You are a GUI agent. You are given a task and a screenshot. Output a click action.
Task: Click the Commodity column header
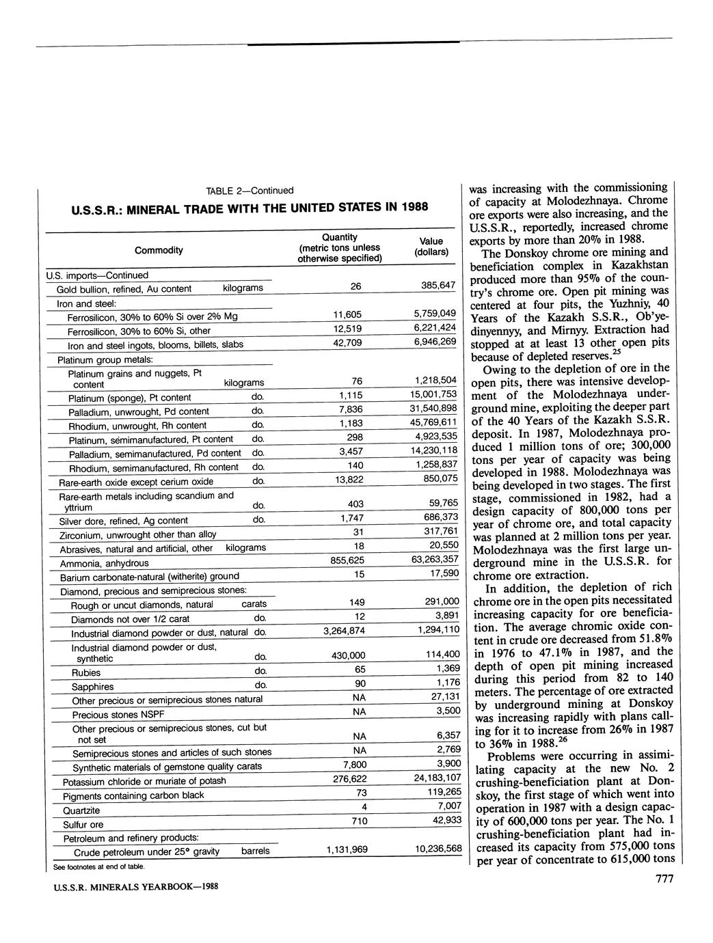[x=159, y=250]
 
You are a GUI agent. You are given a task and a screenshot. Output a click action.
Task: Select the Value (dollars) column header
[x=431, y=247]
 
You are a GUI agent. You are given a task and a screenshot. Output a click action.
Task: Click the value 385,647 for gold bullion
[x=438, y=285]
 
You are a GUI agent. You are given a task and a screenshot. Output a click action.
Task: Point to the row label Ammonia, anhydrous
[x=104, y=564]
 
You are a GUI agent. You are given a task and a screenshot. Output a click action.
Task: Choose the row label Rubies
[x=86, y=672]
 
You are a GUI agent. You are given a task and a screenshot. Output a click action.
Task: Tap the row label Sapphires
[x=92, y=687]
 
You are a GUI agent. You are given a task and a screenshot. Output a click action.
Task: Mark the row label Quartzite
[x=81, y=810]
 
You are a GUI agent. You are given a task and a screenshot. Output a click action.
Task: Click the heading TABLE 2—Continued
[x=250, y=191]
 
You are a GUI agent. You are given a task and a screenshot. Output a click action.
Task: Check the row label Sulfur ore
[x=83, y=825]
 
